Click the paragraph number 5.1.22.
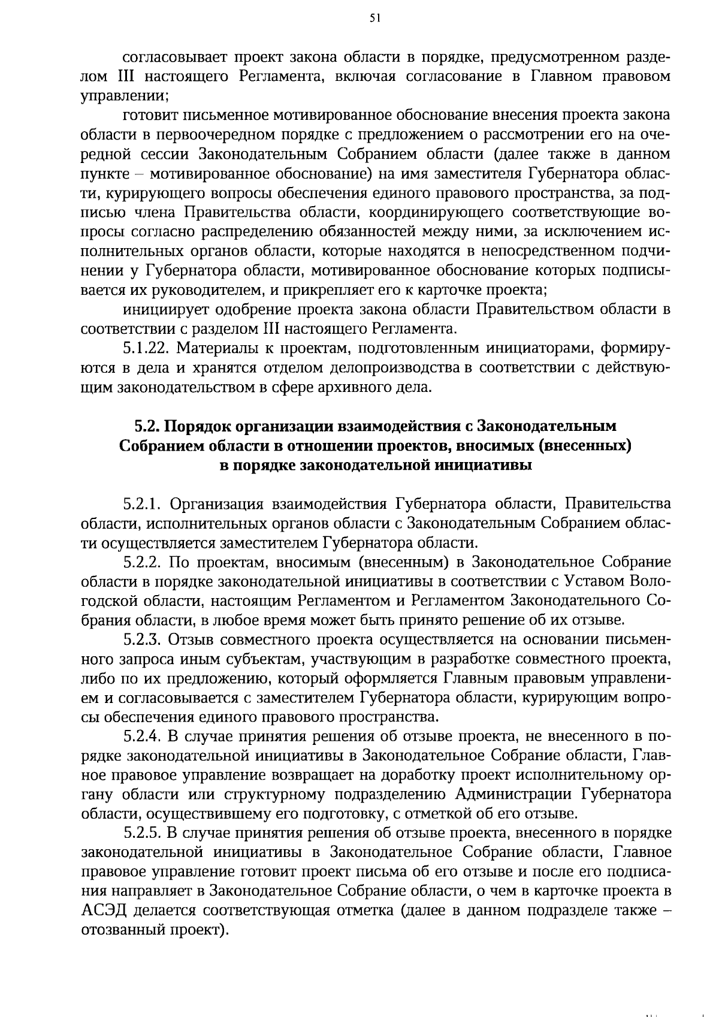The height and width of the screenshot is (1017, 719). coord(145,348)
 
